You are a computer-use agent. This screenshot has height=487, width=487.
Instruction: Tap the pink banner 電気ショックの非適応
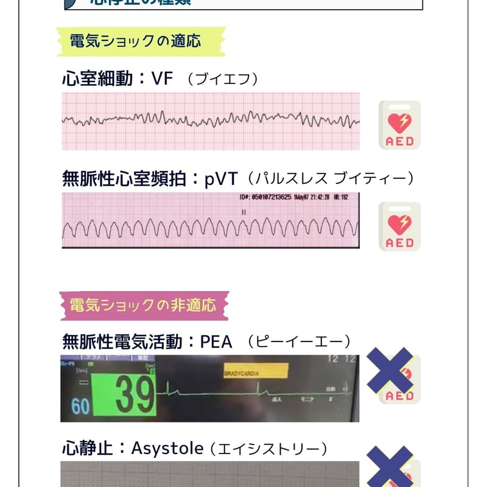click(142, 304)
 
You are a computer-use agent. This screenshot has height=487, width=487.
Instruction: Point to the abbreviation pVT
click(220, 179)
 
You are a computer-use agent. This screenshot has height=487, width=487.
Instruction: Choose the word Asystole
click(167, 449)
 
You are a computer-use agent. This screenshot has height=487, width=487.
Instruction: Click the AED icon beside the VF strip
click(399, 125)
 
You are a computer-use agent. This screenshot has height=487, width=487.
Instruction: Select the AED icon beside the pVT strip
click(399, 226)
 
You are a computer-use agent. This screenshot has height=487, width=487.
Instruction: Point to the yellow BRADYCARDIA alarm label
click(255, 371)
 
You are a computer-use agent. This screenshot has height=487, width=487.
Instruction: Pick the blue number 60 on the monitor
click(80, 405)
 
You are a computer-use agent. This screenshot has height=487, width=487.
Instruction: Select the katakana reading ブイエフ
click(223, 79)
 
